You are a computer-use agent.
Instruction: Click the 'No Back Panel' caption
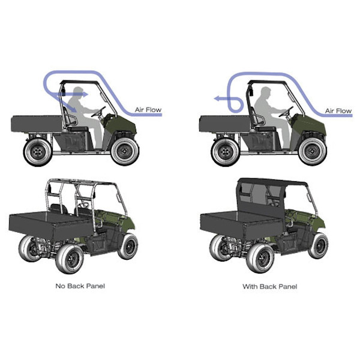coord(80,286)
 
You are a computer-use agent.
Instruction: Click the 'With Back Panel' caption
coord(270,287)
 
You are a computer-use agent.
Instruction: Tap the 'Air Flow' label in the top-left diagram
coord(148,110)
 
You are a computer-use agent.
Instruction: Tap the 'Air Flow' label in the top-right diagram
coord(338,111)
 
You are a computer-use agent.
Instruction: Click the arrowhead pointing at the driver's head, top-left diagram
coord(85,94)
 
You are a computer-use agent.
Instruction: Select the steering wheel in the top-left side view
coord(98,112)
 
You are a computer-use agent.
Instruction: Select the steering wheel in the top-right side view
coord(286,112)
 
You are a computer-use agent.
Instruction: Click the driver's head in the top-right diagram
coord(266,92)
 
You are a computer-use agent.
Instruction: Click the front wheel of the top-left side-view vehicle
coord(125,152)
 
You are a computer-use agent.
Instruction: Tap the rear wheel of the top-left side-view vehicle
coord(38,152)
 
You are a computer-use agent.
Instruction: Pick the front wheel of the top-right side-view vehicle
coord(313,152)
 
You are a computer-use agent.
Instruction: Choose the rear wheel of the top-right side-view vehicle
coord(226,152)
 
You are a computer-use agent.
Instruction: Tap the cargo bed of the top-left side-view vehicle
coord(37,124)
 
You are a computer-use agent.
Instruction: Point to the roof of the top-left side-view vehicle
coord(80,82)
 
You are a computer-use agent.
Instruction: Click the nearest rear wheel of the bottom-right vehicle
coord(260,259)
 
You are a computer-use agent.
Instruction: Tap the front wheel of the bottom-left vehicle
coord(128,246)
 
